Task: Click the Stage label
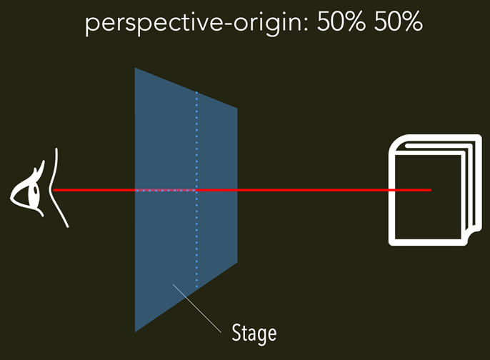click(254, 332)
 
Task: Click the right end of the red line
click(431, 190)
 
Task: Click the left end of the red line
click(54, 190)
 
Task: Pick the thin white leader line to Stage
click(196, 308)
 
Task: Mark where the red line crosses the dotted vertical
click(196, 190)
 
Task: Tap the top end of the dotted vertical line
click(196, 91)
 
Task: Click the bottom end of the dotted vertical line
click(196, 289)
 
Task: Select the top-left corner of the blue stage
click(136, 68)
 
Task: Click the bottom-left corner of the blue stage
click(136, 331)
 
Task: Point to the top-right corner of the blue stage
click(236, 109)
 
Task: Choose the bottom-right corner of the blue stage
click(236, 261)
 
